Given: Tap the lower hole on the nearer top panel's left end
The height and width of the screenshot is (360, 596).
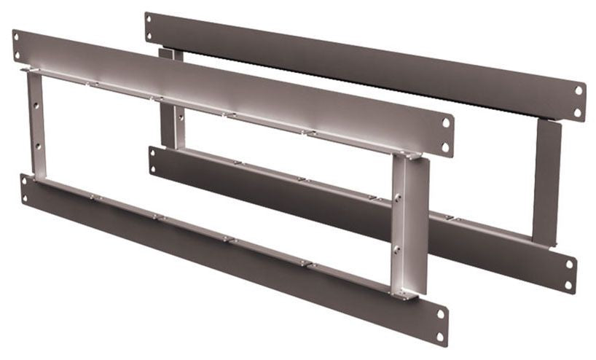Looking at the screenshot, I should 18,55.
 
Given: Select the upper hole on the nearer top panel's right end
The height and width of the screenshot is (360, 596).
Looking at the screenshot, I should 444,123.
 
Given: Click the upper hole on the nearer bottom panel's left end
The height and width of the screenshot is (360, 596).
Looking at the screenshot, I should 24,179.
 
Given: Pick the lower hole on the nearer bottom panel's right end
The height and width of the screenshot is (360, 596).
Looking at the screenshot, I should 439,334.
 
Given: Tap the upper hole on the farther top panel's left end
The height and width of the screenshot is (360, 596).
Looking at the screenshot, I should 149,18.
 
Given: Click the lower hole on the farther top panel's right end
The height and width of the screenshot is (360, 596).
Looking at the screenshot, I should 577,111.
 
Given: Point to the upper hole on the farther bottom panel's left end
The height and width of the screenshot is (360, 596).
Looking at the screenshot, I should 153,152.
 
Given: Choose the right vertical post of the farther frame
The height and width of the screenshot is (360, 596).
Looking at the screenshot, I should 546,182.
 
